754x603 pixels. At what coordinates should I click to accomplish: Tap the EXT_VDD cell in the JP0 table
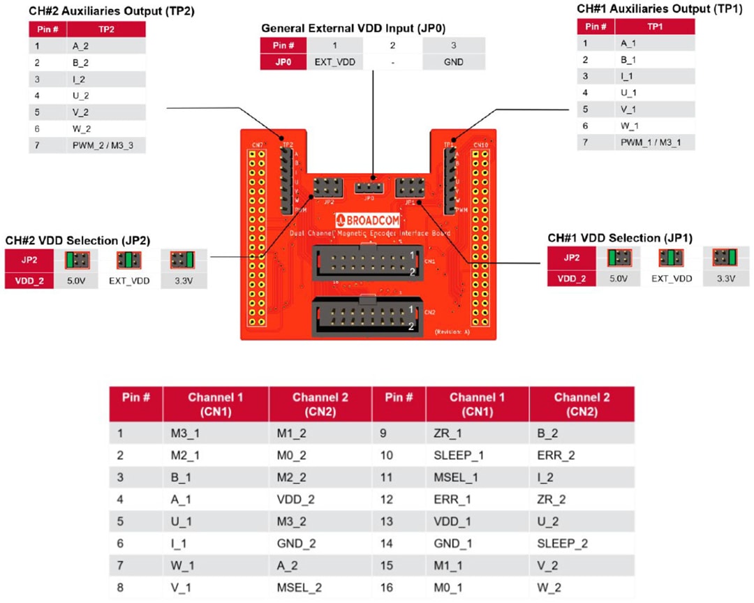coord(334,62)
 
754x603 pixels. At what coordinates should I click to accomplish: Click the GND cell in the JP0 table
coord(453,62)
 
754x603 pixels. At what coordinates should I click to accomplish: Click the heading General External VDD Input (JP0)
coord(353,29)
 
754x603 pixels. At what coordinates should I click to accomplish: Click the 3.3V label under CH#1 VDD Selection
coord(725,278)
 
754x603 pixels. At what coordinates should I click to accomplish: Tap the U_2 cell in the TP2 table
coord(80,96)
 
